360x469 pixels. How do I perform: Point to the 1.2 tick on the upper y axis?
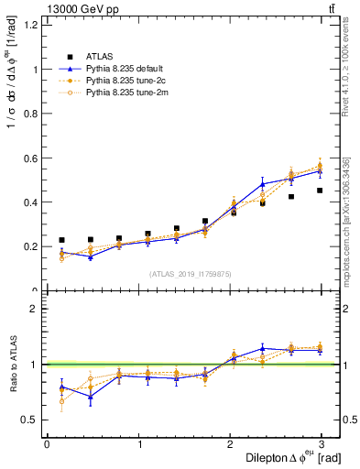(x=31, y=25)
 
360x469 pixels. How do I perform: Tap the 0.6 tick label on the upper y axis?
(x=31, y=158)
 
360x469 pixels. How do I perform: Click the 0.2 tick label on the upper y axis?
(x=31, y=246)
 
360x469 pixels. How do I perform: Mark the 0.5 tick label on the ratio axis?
(x=31, y=420)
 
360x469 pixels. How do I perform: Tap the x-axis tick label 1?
(x=138, y=443)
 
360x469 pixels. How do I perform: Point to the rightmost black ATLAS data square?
(x=320, y=191)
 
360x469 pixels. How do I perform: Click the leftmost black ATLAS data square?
(x=61, y=240)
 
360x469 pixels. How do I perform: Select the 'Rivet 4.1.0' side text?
(x=345, y=69)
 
